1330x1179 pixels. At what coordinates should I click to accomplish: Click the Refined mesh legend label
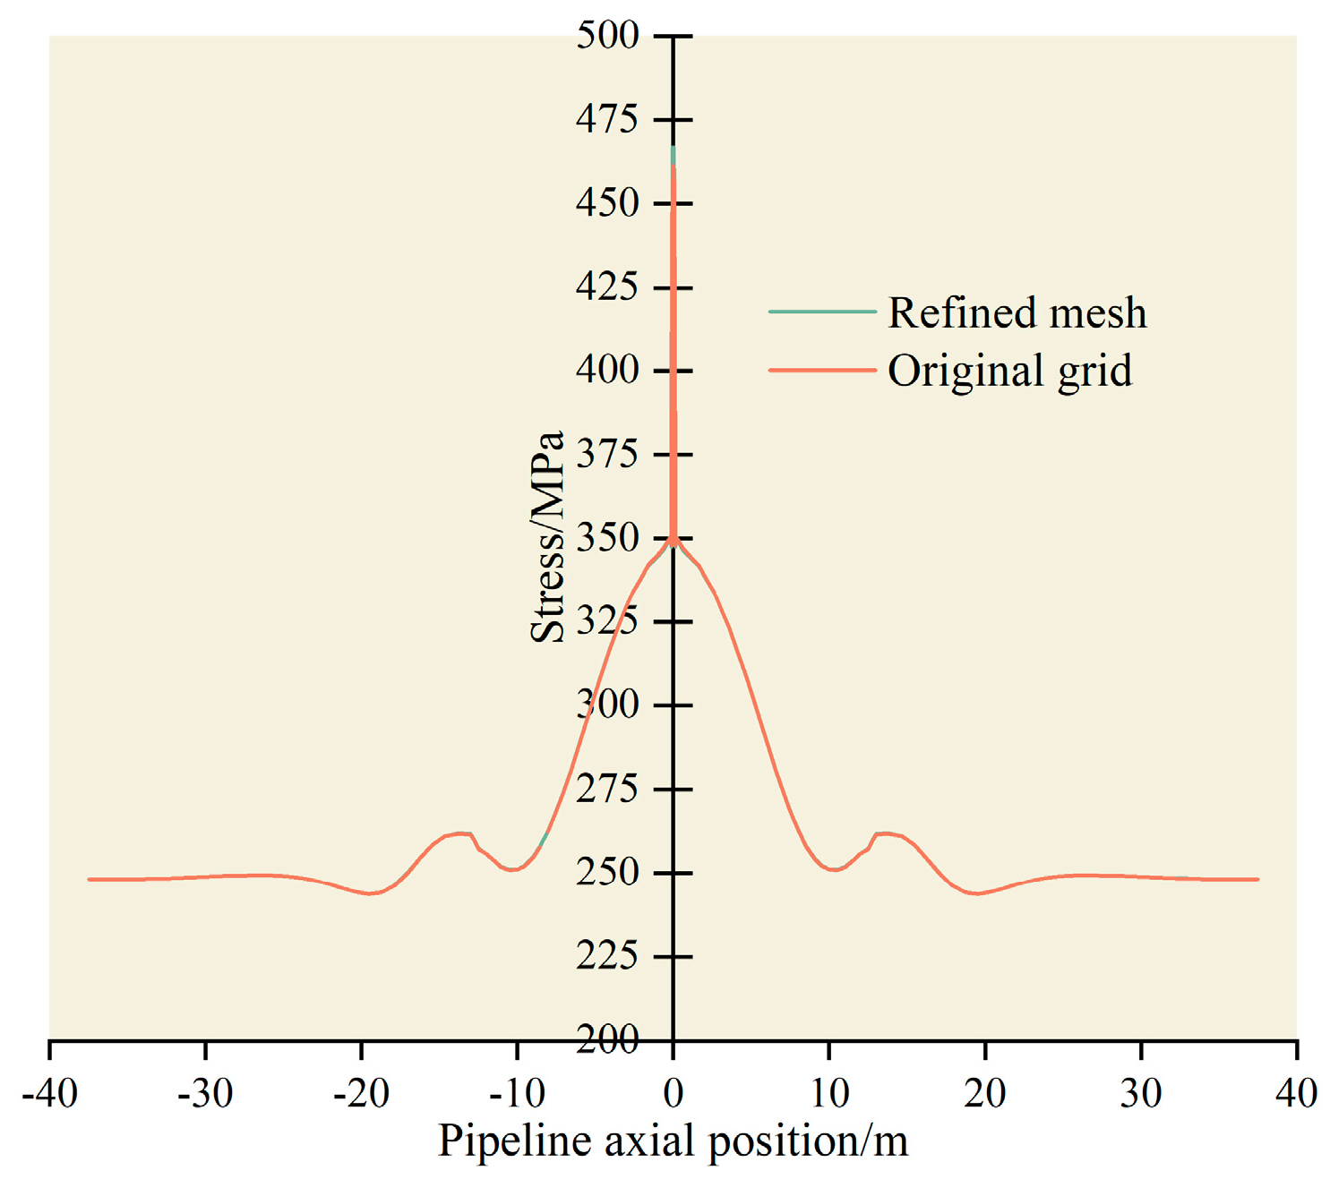click(1017, 313)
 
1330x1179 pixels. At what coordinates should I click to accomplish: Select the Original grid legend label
click(1009, 371)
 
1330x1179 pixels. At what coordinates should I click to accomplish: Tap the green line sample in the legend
click(821, 312)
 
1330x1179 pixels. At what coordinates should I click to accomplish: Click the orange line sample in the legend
click(821, 370)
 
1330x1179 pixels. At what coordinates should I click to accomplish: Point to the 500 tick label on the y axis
click(607, 36)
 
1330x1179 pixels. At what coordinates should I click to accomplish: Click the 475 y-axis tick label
click(607, 119)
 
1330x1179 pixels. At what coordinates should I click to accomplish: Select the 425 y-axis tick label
click(607, 287)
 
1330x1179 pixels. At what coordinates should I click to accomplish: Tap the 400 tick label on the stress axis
click(607, 371)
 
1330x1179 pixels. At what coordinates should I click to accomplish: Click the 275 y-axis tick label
click(607, 790)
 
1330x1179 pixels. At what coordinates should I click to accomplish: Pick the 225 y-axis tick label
click(607, 956)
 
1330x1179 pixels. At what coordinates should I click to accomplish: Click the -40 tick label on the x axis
click(49, 1093)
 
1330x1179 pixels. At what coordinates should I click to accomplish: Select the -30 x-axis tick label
click(205, 1093)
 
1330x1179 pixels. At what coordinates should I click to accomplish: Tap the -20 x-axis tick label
click(361, 1093)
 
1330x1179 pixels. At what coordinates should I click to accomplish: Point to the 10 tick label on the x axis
click(829, 1093)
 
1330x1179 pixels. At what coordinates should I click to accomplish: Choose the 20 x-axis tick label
click(985, 1093)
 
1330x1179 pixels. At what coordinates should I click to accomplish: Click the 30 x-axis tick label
click(1141, 1093)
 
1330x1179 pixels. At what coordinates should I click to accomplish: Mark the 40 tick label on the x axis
click(1296, 1093)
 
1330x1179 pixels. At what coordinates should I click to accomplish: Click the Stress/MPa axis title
click(547, 537)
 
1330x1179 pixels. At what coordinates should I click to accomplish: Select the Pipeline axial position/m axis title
click(673, 1141)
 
